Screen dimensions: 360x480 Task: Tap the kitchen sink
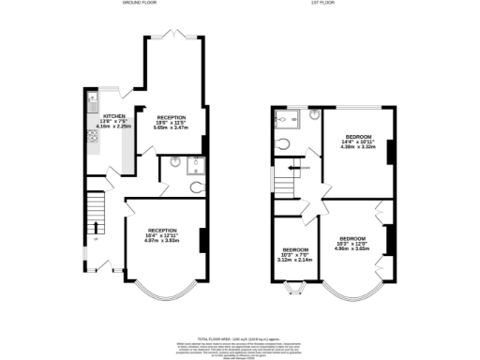pos(93,97)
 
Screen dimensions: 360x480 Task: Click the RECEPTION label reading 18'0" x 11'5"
pos(172,122)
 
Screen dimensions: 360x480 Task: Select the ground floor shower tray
pos(196,165)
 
